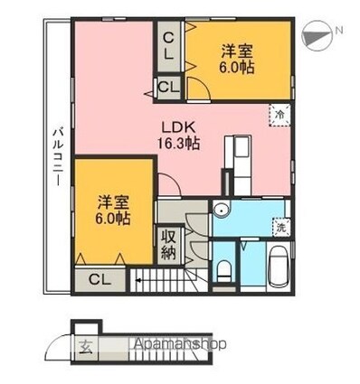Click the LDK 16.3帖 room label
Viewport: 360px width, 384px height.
[178, 136]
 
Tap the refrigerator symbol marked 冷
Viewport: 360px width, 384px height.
[280, 115]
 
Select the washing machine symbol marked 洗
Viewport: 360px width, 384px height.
[281, 227]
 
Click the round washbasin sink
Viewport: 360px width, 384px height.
[222, 209]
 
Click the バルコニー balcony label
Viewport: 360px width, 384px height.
[58, 157]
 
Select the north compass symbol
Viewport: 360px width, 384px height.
[317, 36]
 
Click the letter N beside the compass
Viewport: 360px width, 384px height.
[339, 30]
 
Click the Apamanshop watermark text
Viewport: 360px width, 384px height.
[180, 344]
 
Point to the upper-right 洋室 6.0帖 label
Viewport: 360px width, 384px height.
[237, 60]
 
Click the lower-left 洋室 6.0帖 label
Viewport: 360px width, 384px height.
[113, 211]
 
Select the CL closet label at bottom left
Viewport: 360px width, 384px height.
[100, 280]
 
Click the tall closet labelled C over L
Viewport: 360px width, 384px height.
[168, 46]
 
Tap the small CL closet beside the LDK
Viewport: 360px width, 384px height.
[169, 88]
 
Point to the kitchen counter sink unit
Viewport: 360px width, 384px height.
[238, 165]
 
